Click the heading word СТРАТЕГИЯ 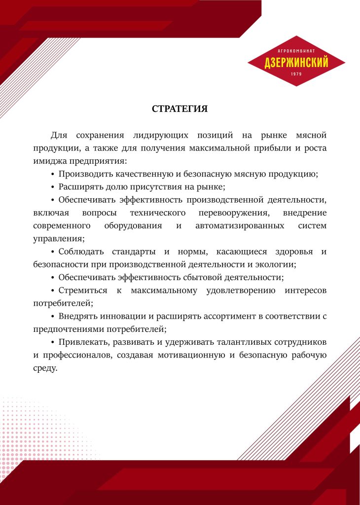pyautogui.click(x=180, y=109)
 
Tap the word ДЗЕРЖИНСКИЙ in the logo pyautogui.click(x=296, y=63)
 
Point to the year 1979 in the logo pyautogui.click(x=296, y=74)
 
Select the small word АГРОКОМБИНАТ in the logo pyautogui.click(x=296, y=51)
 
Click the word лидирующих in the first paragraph pyautogui.click(x=159, y=135)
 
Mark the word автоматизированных pyautogui.click(x=239, y=225)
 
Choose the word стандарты pyautogui.click(x=128, y=252)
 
